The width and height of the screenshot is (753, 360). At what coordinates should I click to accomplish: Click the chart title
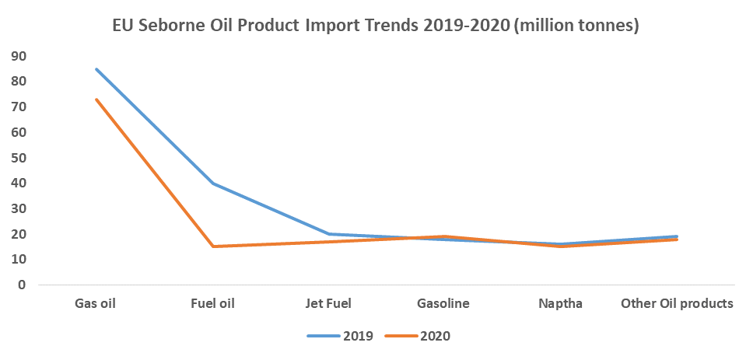tap(376, 26)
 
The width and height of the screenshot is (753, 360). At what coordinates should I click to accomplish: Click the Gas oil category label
tap(95, 303)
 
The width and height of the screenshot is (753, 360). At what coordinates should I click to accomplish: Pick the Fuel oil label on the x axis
tap(212, 303)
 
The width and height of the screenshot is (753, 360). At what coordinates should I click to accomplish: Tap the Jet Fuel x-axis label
tap(329, 303)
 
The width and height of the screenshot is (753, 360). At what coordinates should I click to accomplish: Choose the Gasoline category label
tap(443, 303)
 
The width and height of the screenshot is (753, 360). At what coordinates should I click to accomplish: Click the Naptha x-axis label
tap(560, 303)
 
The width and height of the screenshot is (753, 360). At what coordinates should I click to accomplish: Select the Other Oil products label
tap(677, 303)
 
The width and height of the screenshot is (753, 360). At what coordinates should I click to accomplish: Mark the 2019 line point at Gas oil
tap(96, 69)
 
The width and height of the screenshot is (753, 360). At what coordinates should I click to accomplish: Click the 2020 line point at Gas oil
tap(96, 100)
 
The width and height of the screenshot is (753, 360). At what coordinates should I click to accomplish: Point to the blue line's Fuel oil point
tap(212, 183)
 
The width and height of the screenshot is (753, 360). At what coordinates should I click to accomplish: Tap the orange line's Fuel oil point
tap(212, 246)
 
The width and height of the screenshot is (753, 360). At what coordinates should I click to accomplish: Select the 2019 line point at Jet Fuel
tap(329, 234)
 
